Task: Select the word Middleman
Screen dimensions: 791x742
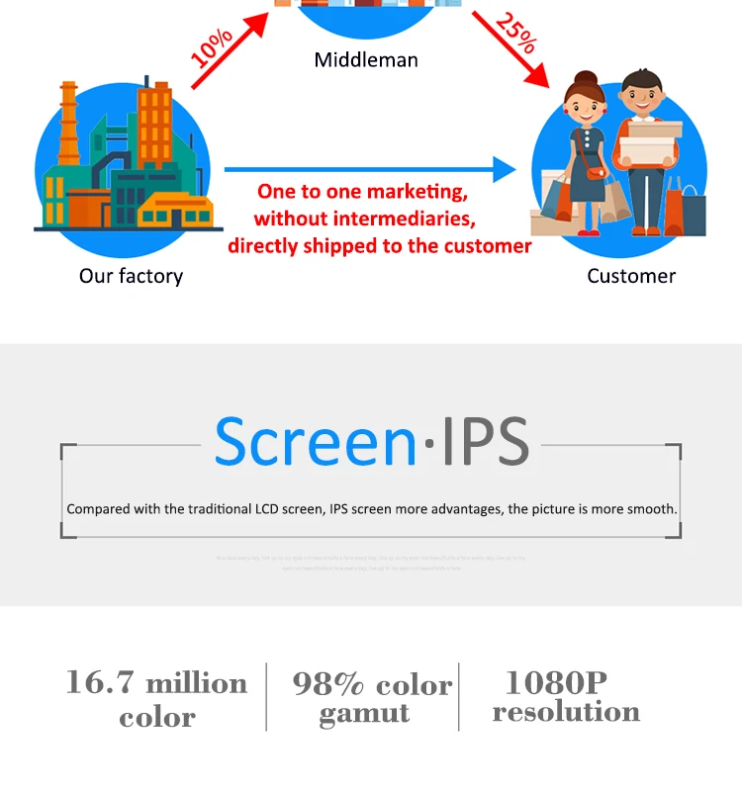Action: pyautogui.click(x=366, y=60)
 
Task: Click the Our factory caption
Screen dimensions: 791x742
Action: pyautogui.click(x=131, y=276)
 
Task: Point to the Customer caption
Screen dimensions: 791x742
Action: pyautogui.click(x=631, y=276)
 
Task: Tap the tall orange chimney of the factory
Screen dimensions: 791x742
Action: pyautogui.click(x=68, y=124)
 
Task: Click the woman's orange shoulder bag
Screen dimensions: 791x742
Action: pyautogui.click(x=594, y=173)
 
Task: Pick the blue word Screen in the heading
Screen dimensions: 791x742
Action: pyautogui.click(x=315, y=443)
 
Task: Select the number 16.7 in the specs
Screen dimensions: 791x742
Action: pyautogui.click(x=102, y=683)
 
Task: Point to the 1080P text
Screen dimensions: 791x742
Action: pyautogui.click(x=556, y=682)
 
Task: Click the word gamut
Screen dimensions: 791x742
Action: pyautogui.click(x=364, y=714)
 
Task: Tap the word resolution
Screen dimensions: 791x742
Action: pyautogui.click(x=566, y=712)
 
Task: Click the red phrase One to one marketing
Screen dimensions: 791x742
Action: pyautogui.click(x=362, y=192)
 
